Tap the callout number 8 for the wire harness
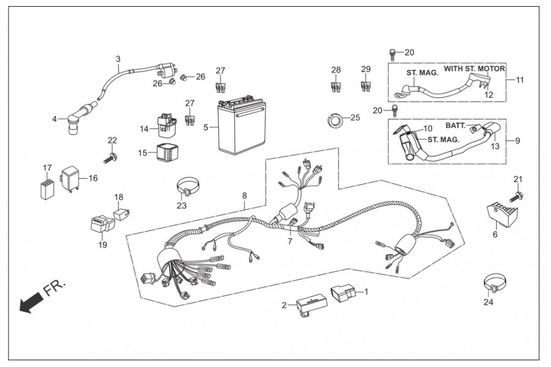pyautogui.click(x=244, y=196)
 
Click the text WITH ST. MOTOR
pyautogui.click(x=474, y=69)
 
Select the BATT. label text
pyautogui.click(x=457, y=125)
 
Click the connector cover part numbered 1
pyautogui.click(x=342, y=293)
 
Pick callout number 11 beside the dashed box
pyautogui.click(x=520, y=80)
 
